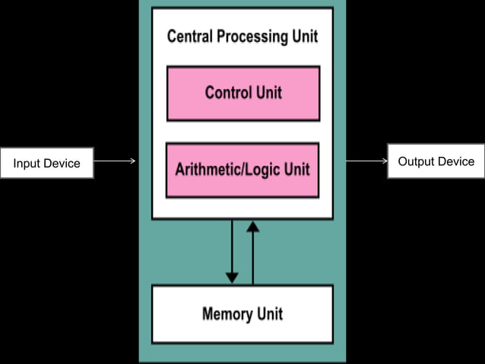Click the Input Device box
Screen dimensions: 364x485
coord(46,163)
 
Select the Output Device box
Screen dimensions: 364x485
coord(436,161)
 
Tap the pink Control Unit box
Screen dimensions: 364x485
coord(242,93)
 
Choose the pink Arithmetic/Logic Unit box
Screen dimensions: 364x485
coord(242,170)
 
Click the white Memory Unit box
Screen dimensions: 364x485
coord(242,314)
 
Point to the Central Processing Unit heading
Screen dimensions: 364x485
coord(242,37)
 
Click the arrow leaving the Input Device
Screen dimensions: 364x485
coord(115,161)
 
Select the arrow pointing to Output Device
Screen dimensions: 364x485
coord(366,161)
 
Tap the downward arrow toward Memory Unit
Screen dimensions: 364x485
coord(232,251)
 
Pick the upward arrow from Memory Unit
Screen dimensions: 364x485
coord(253,251)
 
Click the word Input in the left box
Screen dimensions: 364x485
coord(27,163)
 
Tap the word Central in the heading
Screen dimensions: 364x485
coord(189,37)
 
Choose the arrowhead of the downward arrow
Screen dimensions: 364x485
coord(232,276)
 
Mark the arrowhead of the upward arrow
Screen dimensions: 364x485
coord(253,227)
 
